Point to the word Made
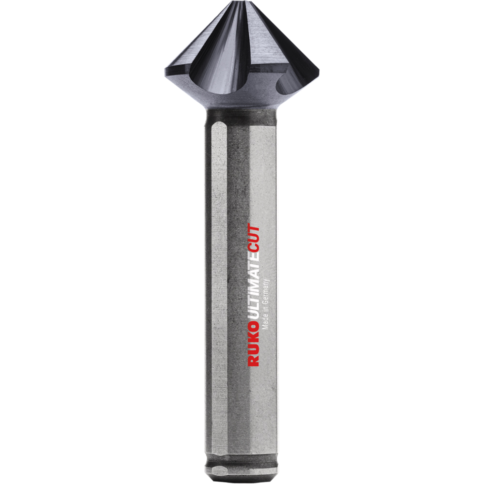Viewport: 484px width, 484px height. tap(265, 321)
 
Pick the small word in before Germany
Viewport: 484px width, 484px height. tap(265, 308)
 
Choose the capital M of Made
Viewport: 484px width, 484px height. tap(265, 327)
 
